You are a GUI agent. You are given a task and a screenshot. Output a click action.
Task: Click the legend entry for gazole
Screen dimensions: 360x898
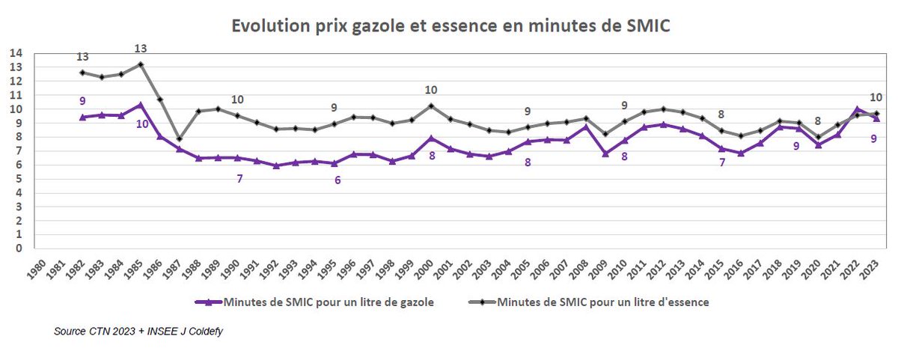pyautogui.click(x=326, y=302)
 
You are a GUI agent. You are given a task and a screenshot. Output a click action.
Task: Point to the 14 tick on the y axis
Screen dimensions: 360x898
pyautogui.click(x=16, y=53)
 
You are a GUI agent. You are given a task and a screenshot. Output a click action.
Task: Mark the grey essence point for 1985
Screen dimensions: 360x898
pyautogui.click(x=140, y=64)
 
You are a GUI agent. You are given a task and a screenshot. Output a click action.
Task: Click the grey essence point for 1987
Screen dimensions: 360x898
pyautogui.click(x=179, y=138)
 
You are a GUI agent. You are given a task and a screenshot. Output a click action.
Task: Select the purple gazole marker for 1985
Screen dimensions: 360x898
pyautogui.click(x=140, y=105)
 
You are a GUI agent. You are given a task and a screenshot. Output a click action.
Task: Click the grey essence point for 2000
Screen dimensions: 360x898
pyautogui.click(x=431, y=106)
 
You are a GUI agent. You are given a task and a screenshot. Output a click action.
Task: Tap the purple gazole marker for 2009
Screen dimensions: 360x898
pyautogui.click(x=605, y=153)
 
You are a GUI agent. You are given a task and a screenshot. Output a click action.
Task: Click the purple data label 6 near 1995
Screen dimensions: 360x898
pyautogui.click(x=337, y=180)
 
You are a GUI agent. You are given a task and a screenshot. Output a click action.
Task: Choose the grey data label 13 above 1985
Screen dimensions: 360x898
pyautogui.click(x=140, y=49)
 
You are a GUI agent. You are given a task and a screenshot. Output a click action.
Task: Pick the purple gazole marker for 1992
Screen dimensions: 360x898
pyautogui.click(x=276, y=165)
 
